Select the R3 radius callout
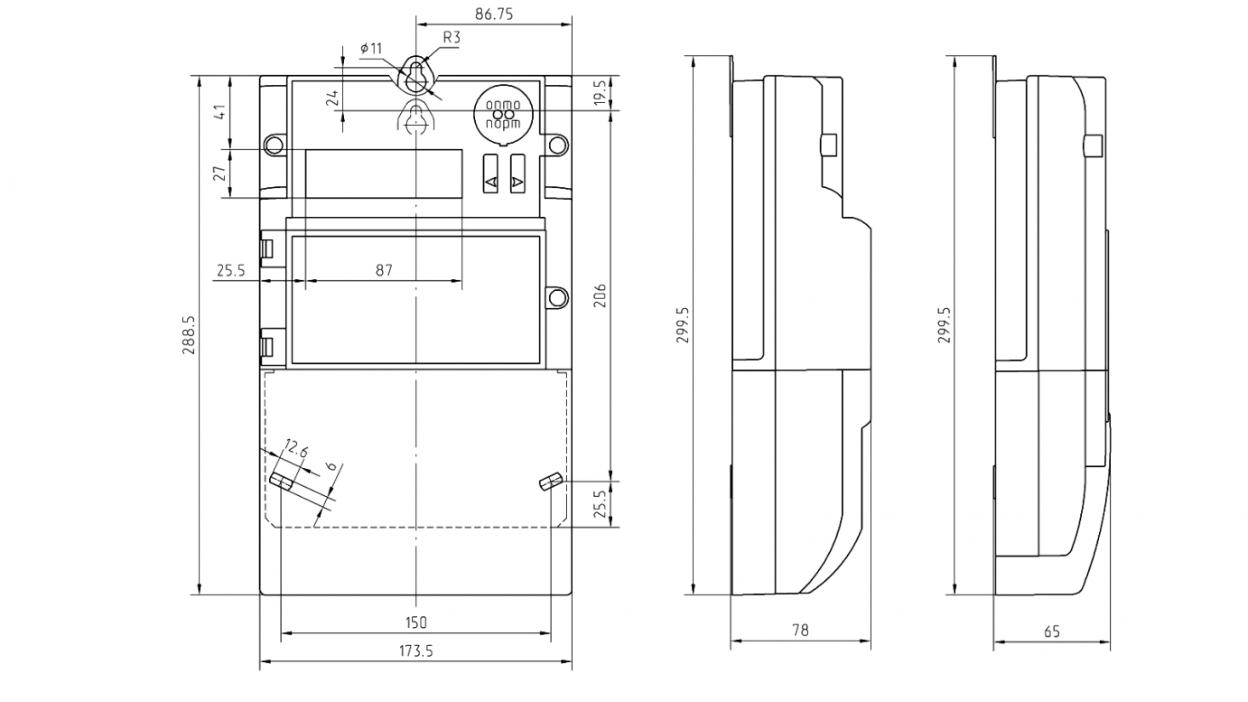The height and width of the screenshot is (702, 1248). pyautogui.click(x=452, y=37)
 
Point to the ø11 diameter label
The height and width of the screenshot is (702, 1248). pyautogui.click(x=370, y=47)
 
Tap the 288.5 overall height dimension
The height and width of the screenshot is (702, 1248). pyautogui.click(x=190, y=335)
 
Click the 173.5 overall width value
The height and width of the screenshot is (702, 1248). pyautogui.click(x=415, y=651)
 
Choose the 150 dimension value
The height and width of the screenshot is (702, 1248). pyautogui.click(x=415, y=622)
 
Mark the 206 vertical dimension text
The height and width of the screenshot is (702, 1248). pyautogui.click(x=601, y=295)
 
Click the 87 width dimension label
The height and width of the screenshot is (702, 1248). pyautogui.click(x=384, y=270)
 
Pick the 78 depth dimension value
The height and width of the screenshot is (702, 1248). pyautogui.click(x=800, y=630)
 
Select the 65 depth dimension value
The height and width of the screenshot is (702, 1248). pyautogui.click(x=1052, y=632)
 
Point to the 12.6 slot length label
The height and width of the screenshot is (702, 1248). pyautogui.click(x=295, y=447)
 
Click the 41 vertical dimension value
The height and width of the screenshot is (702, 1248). pyautogui.click(x=219, y=112)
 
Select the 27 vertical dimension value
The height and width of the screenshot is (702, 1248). pyautogui.click(x=219, y=173)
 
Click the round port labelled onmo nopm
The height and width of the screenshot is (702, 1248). pyautogui.click(x=503, y=115)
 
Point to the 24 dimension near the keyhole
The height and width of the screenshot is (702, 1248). pyautogui.click(x=332, y=98)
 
